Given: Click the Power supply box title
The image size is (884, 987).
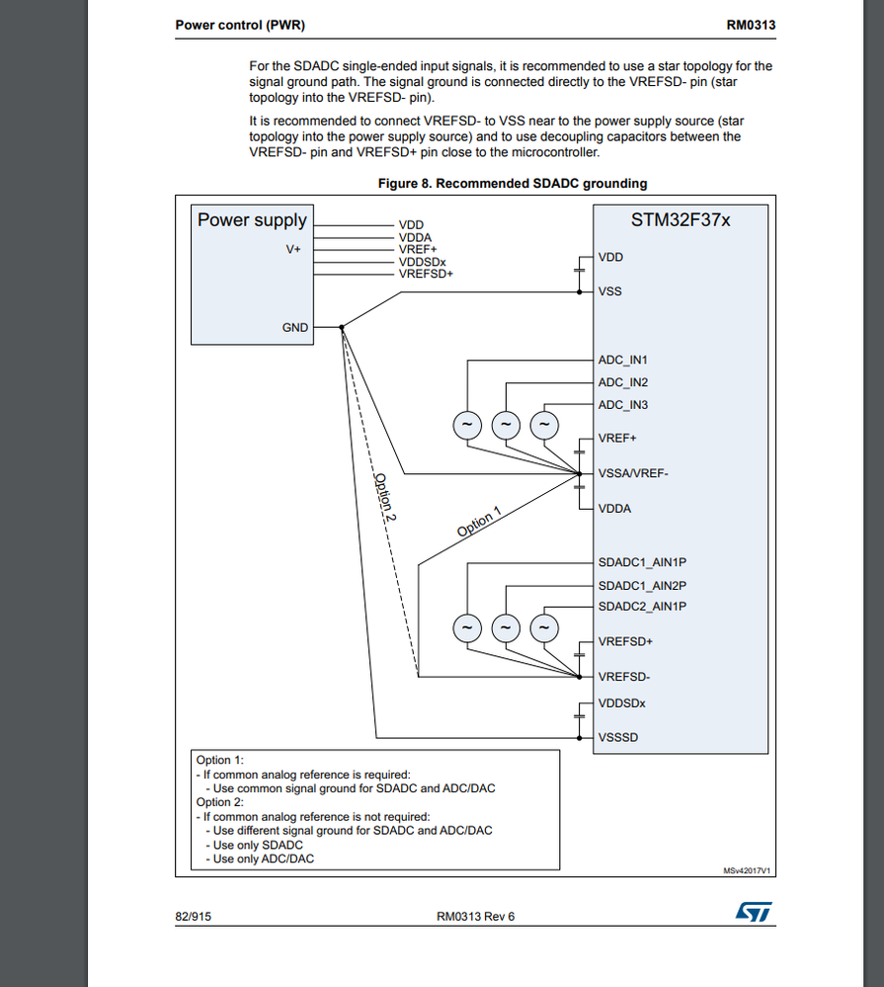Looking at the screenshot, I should point(252,220).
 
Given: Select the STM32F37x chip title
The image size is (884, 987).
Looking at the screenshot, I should point(681,219).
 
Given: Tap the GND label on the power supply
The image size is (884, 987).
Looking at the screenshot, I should point(295,327).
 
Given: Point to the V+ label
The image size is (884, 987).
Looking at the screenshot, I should point(293,250).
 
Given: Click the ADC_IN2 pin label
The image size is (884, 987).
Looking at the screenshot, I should point(622,382).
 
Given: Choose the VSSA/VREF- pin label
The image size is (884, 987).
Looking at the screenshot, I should point(633,473).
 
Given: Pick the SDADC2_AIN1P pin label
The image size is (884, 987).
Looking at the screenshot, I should point(642,606).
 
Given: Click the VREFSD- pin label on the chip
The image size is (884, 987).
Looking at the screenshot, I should point(624,677).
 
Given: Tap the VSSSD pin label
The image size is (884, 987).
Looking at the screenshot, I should point(617,737).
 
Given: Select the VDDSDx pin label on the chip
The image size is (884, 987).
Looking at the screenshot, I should point(623,703).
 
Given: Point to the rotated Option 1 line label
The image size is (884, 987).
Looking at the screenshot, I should point(479,523).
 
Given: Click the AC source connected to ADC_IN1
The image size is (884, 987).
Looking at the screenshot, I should point(466,425).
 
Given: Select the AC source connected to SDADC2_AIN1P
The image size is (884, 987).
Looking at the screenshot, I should point(543,627).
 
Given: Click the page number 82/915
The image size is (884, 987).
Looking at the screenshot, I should point(193,916).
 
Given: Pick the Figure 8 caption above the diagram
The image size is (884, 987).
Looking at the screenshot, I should point(513,183).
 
